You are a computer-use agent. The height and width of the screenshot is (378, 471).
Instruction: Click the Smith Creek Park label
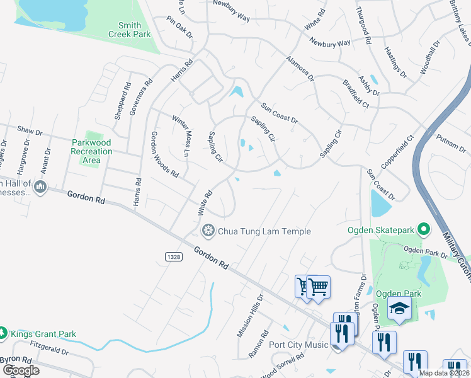[x=130, y=30]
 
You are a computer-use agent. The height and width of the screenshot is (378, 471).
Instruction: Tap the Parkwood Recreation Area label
[x=91, y=152]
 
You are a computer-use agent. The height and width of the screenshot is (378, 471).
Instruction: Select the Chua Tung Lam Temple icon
[x=207, y=232]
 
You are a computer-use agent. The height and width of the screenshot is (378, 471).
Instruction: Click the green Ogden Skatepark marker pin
[x=424, y=230]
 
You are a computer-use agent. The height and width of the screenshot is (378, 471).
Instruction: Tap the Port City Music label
[x=298, y=345]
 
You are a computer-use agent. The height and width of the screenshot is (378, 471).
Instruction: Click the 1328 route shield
[x=174, y=256]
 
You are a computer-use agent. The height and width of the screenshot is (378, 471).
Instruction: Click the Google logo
[x=21, y=370]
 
